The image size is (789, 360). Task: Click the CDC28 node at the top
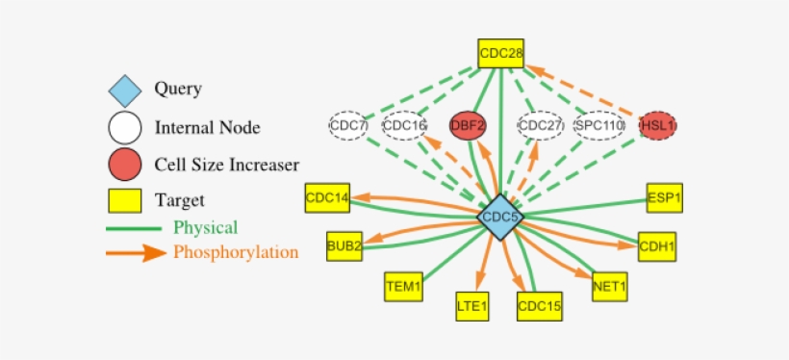(500, 53)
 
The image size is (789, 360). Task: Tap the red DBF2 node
(469, 125)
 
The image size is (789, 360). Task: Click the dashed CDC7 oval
(347, 125)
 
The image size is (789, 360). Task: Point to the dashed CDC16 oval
(404, 125)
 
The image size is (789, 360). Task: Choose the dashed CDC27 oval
(541, 125)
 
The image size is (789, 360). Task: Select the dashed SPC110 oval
(599, 125)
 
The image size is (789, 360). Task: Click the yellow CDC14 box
(327, 197)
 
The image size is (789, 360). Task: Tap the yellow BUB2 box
(344, 245)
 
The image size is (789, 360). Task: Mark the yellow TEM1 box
(403, 286)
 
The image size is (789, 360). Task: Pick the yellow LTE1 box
(472, 306)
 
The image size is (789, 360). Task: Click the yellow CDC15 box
(539, 306)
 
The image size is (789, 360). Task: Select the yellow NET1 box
(610, 286)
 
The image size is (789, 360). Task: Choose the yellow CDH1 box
(658, 246)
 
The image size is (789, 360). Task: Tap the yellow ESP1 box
(664, 197)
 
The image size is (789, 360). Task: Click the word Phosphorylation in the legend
(236, 253)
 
